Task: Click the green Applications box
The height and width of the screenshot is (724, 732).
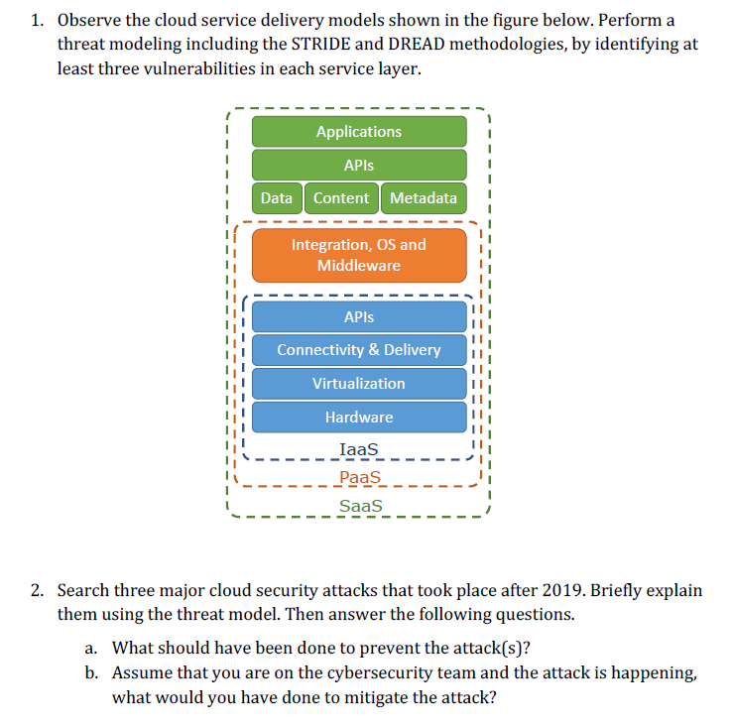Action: click(x=359, y=132)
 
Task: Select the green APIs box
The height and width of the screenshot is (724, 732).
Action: click(x=359, y=165)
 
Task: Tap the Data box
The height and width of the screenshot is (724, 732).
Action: click(x=277, y=198)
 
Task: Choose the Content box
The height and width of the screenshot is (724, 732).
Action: click(x=341, y=198)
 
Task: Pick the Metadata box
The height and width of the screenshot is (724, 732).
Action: click(x=424, y=198)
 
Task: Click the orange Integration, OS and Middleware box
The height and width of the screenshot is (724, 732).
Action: click(x=359, y=255)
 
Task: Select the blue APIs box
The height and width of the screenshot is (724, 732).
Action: click(x=359, y=317)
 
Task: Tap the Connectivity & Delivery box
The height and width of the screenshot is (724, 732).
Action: click(x=359, y=350)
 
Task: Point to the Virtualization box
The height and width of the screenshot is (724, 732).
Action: click(x=359, y=384)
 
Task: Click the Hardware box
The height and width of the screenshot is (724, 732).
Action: click(x=359, y=418)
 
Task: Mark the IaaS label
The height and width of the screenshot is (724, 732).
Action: click(x=359, y=450)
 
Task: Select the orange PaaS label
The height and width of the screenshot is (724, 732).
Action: click(x=359, y=478)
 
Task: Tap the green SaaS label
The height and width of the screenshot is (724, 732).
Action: click(x=360, y=507)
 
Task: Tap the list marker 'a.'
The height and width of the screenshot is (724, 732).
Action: click(x=91, y=649)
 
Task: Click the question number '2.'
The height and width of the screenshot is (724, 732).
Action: click(x=37, y=591)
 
